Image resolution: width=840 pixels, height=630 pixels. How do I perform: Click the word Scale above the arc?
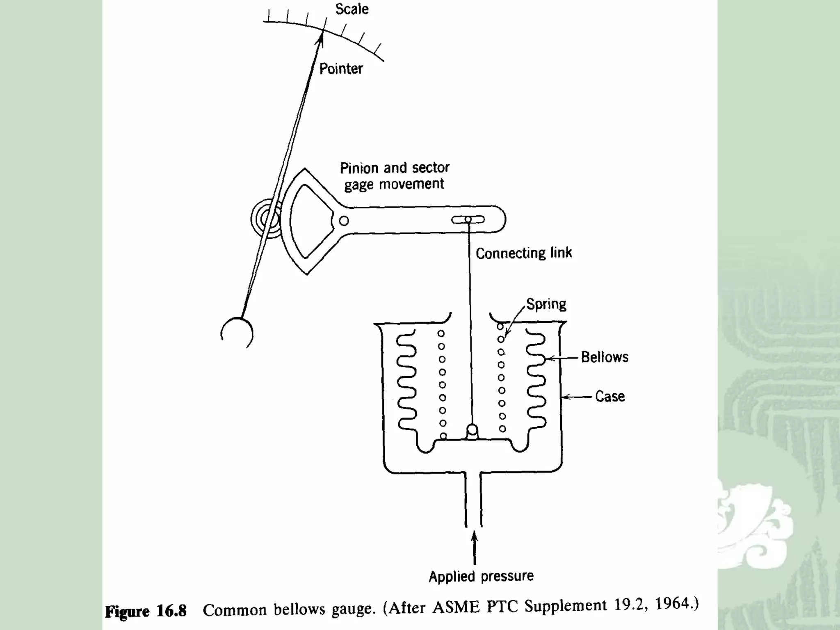click(352, 9)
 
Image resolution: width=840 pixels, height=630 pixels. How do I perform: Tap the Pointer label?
click(341, 69)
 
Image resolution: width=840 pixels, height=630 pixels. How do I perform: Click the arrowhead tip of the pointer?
click(322, 36)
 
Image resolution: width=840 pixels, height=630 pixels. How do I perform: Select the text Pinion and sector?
click(395, 168)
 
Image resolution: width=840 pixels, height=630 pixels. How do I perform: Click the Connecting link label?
click(523, 253)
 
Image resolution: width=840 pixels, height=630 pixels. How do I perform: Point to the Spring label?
click(546, 304)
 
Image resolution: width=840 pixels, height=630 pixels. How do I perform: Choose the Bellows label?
click(605, 357)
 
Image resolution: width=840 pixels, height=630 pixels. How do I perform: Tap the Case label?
click(610, 396)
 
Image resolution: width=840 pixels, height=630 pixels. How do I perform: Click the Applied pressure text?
click(481, 576)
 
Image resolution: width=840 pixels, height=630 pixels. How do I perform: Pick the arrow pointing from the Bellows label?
click(564, 358)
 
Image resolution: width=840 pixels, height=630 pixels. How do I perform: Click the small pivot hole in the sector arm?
click(344, 221)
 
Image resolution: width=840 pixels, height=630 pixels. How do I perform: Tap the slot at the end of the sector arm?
click(468, 220)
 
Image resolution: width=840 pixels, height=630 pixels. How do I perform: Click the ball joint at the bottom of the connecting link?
click(472, 431)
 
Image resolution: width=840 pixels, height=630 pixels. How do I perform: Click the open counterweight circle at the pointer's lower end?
click(237, 333)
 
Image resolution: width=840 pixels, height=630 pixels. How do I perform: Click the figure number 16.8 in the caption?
click(171, 611)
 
